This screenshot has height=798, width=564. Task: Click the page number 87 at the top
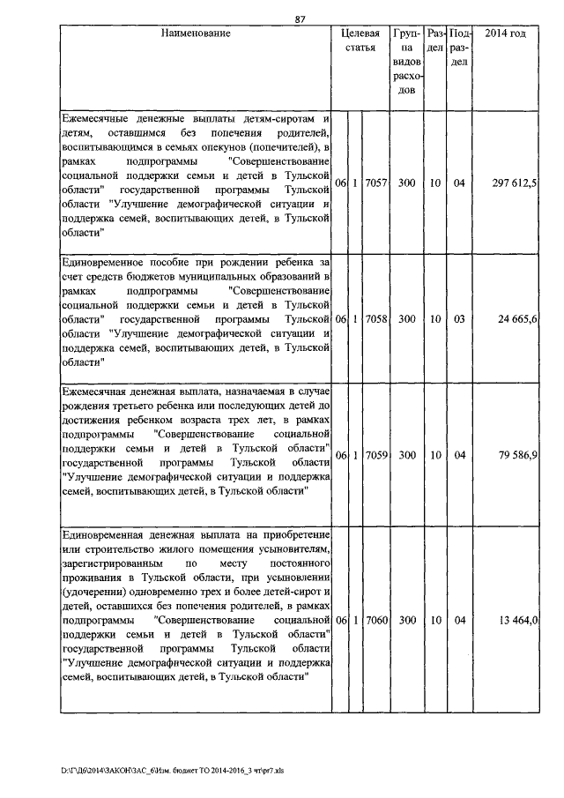pyautogui.click(x=300, y=19)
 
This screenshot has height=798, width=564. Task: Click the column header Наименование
pyautogui.click(x=196, y=34)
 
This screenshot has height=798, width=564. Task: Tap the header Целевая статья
pyautogui.click(x=360, y=41)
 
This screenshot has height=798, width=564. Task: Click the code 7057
pyautogui.click(x=375, y=182)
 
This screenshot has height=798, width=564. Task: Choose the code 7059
pyautogui.click(x=375, y=455)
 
